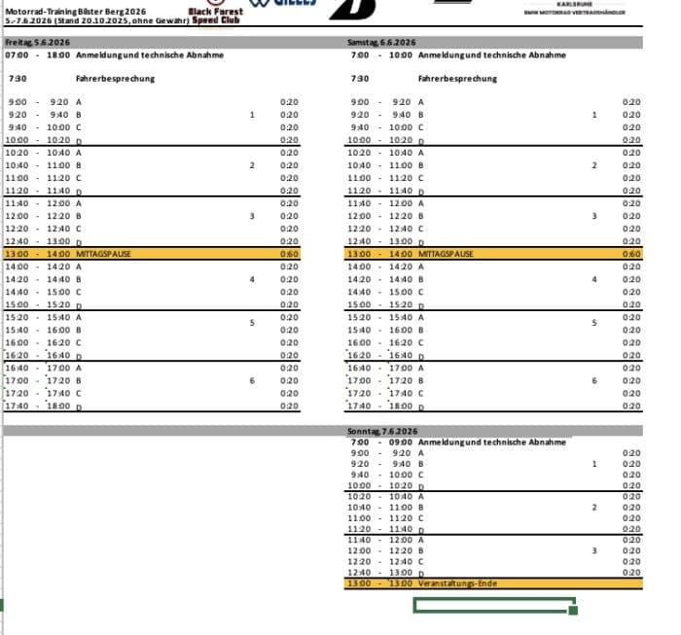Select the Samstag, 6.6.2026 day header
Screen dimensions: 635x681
381,43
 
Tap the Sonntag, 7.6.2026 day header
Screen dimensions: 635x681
382,431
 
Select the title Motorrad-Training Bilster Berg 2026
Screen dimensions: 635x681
72,10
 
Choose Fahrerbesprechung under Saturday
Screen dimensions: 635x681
457,79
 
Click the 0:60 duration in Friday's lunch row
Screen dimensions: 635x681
289,253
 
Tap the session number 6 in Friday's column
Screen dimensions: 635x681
251,380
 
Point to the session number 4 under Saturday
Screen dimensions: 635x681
593,279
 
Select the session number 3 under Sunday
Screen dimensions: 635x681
593,551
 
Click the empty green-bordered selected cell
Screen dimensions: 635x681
493,605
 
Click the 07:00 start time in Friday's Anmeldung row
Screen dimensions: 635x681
17,54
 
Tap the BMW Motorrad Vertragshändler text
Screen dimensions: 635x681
574,13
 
